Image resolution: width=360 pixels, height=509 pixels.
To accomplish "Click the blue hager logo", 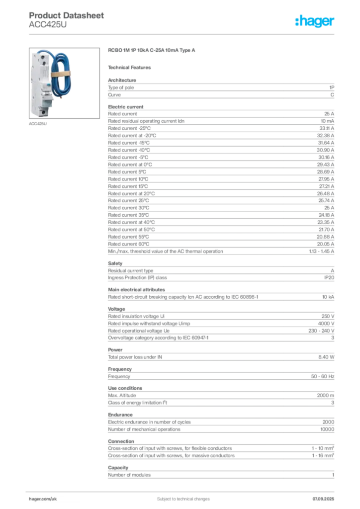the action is pyautogui.click(x=315, y=22).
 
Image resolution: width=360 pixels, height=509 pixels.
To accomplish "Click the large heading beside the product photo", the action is pyautogui.click(x=153, y=51).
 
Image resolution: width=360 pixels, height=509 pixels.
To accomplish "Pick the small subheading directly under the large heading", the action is pyautogui.click(x=131, y=67).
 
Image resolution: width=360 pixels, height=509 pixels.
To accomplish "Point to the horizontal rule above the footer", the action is pyautogui.click(x=183, y=488).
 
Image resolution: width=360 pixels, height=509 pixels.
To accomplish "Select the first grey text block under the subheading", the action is pyautogui.click(x=221, y=88).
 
